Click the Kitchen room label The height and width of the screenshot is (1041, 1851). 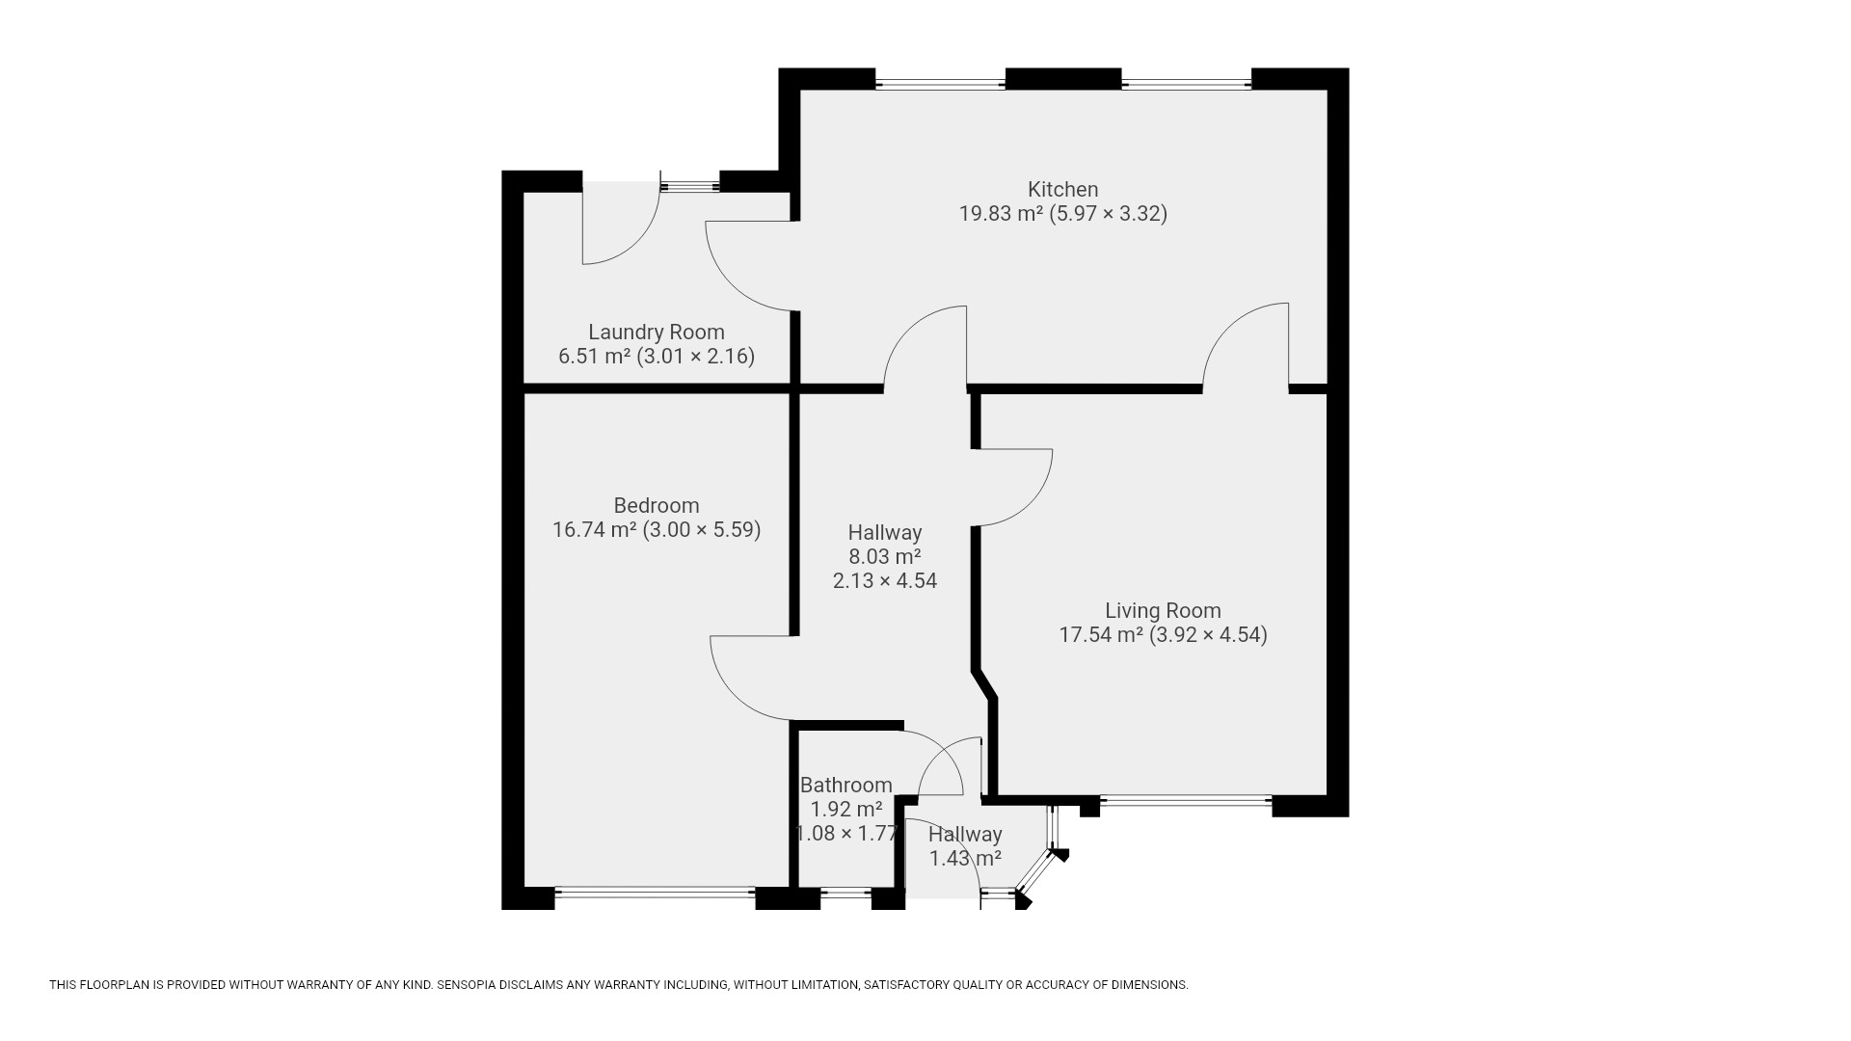pyautogui.click(x=1062, y=189)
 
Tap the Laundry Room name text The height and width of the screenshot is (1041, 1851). pyautogui.click(x=657, y=332)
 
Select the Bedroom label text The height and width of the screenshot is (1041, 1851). pyautogui.click(x=657, y=505)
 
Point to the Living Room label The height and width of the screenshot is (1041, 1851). pyautogui.click(x=1163, y=610)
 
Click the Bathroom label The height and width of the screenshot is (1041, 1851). pyautogui.click(x=846, y=785)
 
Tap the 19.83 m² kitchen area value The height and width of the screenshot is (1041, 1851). pyautogui.click(x=1001, y=213)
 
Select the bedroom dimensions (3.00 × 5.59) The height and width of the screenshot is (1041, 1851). pyautogui.click(x=702, y=529)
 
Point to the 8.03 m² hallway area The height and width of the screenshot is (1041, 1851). pyautogui.click(x=885, y=556)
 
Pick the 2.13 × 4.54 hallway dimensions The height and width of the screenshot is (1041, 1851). pyautogui.click(x=885, y=580)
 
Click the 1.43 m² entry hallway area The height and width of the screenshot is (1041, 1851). pyautogui.click(x=965, y=858)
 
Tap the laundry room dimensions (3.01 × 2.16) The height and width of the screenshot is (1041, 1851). pyautogui.click(x=696, y=356)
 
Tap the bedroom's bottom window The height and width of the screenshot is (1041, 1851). pyautogui.click(x=656, y=893)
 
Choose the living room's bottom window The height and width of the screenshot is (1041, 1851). pyautogui.click(x=1186, y=800)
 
